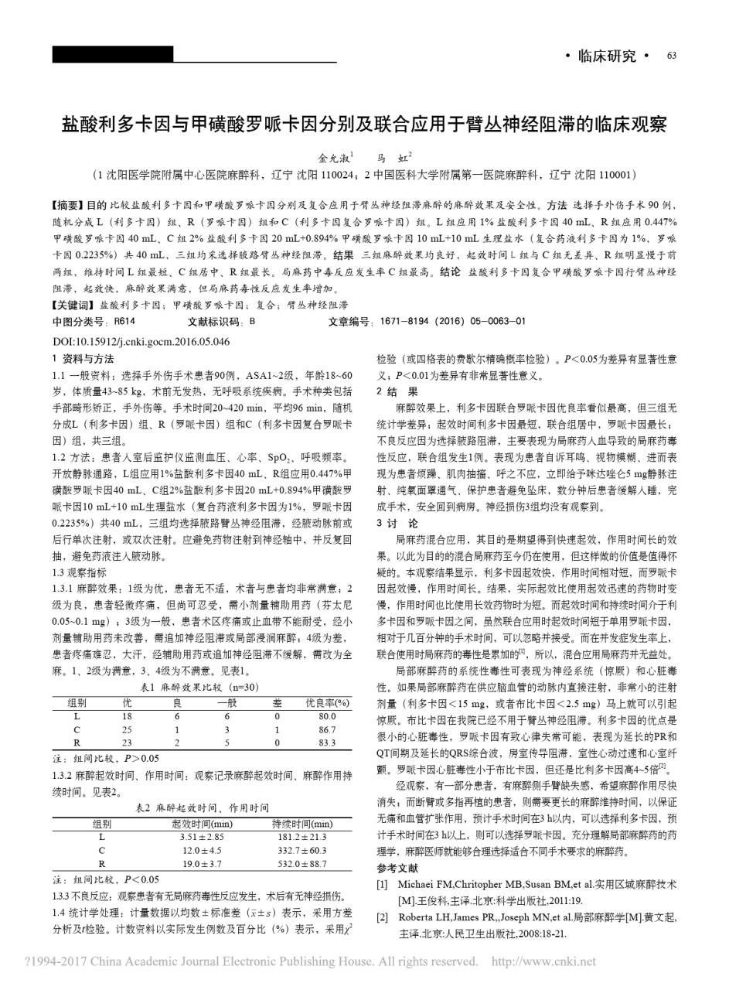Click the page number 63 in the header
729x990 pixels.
click(671, 56)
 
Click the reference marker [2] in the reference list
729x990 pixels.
click(382, 918)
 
